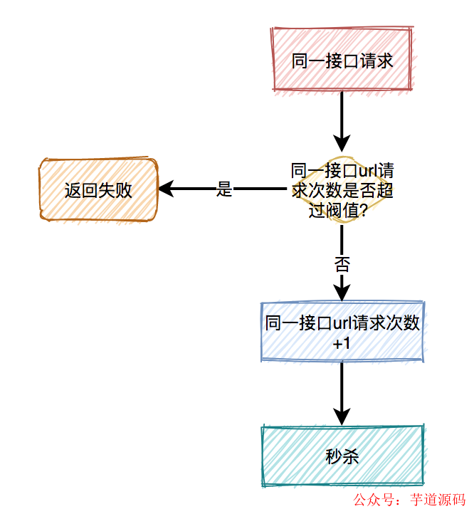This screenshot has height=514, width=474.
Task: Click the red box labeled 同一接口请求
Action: [342, 61]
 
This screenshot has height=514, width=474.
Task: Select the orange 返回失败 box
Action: [98, 190]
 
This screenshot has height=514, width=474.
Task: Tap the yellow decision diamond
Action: [342, 190]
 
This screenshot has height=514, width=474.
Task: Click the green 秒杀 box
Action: [342, 456]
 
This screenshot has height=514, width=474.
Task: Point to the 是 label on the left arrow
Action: [224, 190]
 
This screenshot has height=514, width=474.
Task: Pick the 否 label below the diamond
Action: [342, 264]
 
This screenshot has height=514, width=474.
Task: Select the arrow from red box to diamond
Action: [342, 117]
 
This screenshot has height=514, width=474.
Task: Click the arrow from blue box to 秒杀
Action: [342, 392]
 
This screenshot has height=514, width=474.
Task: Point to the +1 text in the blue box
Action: [342, 343]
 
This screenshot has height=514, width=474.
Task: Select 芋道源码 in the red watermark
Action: [438, 500]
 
